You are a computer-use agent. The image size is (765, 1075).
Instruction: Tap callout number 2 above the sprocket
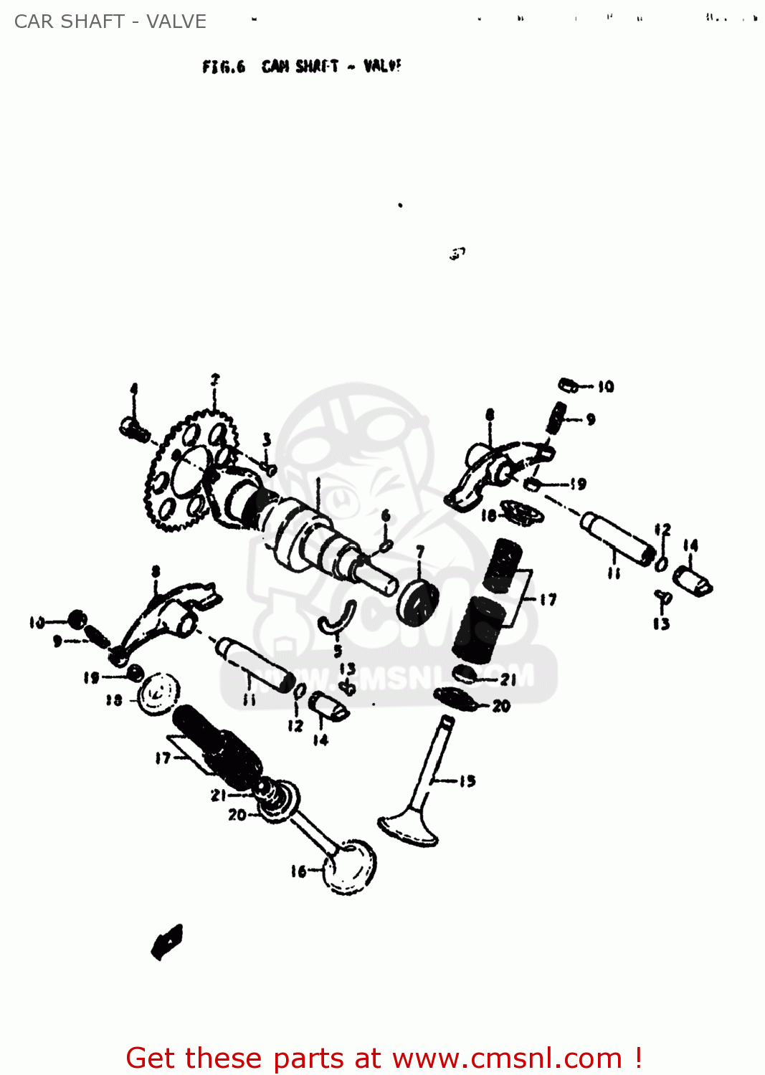pyautogui.click(x=214, y=379)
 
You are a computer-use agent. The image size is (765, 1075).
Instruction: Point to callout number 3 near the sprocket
pyautogui.click(x=267, y=439)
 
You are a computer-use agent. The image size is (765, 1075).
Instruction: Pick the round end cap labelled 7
pyautogui.click(x=418, y=602)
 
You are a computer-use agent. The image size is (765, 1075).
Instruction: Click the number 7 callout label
pyautogui.click(x=420, y=552)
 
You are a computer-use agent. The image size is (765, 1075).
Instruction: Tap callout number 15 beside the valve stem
pyautogui.click(x=467, y=780)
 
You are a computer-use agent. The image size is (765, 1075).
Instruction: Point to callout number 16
pyautogui.click(x=298, y=871)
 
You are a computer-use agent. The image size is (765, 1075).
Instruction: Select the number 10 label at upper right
pyautogui.click(x=606, y=387)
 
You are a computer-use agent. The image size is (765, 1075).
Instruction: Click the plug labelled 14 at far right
pyautogui.click(x=693, y=580)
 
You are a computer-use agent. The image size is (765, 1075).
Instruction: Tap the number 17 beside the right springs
pyautogui.click(x=548, y=600)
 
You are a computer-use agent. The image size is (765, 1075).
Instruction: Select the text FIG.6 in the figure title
pyautogui.click(x=223, y=67)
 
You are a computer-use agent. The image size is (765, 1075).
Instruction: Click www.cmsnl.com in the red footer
pyautogui.click(x=507, y=1058)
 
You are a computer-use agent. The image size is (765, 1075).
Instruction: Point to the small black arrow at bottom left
pyautogui.click(x=167, y=941)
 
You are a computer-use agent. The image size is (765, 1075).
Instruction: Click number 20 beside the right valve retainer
pyautogui.click(x=501, y=706)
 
